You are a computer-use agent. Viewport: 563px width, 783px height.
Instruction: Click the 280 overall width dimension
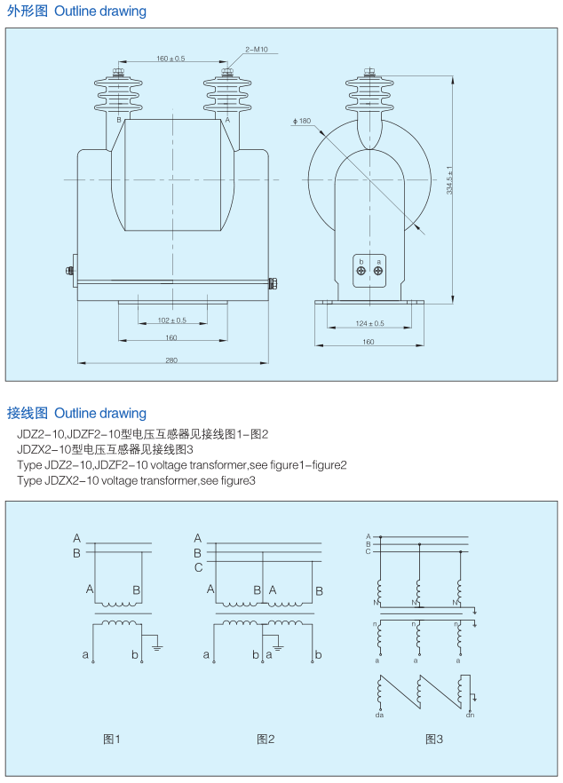coord(171,359)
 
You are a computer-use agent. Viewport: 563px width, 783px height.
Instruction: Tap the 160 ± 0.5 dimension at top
coord(170,59)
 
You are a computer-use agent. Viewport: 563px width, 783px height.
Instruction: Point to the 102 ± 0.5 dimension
coord(171,320)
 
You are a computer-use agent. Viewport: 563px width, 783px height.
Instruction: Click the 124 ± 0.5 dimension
coord(369,323)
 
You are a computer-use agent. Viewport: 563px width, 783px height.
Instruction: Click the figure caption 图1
coord(112,739)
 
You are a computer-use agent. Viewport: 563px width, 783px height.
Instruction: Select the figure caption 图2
coord(266,739)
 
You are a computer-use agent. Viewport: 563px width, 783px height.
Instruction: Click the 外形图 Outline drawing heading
coord(76,12)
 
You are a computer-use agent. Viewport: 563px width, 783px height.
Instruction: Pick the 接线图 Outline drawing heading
coord(76,413)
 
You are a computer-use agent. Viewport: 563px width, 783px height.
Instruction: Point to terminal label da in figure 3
coord(379,714)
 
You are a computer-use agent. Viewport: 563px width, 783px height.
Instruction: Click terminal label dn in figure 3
coord(470,714)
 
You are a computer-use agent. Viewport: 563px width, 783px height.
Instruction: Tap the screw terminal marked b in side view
coord(361,271)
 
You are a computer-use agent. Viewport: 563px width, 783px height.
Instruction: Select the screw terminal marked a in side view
coord(379,271)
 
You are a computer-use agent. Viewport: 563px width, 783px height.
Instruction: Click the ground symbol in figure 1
coord(157,646)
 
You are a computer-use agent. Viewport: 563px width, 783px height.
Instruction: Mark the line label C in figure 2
coord(198,566)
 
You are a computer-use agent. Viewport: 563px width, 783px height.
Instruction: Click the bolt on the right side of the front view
coord(274,284)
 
